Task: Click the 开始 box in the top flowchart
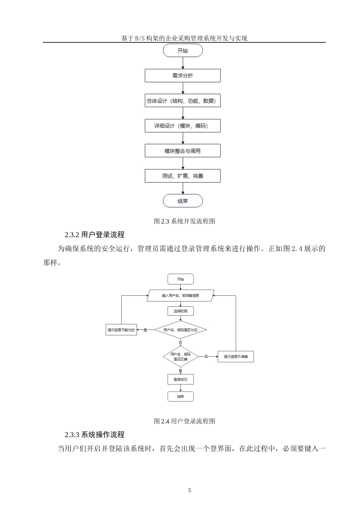(x=183, y=51)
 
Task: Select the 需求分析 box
(x=183, y=76)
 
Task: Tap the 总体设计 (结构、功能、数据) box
(x=183, y=101)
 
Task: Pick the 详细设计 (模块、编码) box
(x=183, y=126)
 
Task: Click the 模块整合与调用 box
(x=183, y=151)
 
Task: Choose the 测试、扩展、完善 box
(x=183, y=176)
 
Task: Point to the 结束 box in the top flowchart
(x=183, y=201)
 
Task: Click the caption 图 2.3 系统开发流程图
(x=185, y=221)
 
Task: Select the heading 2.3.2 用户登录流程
(x=94, y=235)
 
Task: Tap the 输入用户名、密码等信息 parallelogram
(x=180, y=295)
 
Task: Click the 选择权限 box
(x=180, y=311)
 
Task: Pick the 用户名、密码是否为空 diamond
(x=180, y=330)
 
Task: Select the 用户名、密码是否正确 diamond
(x=180, y=357)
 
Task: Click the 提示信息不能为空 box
(x=121, y=330)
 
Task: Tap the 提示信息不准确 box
(x=235, y=357)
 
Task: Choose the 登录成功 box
(x=180, y=379)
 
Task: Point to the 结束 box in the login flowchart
(x=180, y=397)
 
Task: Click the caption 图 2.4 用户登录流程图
(x=185, y=421)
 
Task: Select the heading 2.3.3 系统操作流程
(x=94, y=435)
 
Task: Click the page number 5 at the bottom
(x=190, y=490)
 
